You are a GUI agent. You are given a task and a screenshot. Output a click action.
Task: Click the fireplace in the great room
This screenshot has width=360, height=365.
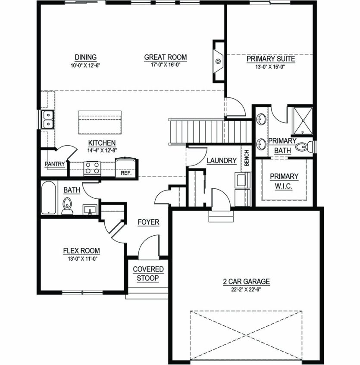[x=219, y=61]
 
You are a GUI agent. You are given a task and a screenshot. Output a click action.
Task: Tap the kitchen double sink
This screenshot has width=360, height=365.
[x=47, y=120]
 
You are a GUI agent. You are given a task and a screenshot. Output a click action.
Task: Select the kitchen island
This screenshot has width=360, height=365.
[x=100, y=122]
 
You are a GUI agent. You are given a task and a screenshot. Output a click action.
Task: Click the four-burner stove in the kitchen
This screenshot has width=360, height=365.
[x=92, y=168]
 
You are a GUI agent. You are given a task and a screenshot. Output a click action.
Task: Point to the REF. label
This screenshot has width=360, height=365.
[x=126, y=173]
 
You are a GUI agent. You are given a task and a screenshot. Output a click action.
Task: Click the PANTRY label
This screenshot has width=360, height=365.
[x=55, y=164]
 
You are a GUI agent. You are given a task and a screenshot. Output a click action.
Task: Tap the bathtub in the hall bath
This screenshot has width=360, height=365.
[x=49, y=198]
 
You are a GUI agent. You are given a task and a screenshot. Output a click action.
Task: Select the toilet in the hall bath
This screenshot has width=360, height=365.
[x=67, y=206]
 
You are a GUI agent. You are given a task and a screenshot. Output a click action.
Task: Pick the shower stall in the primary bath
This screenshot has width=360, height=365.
[x=303, y=121]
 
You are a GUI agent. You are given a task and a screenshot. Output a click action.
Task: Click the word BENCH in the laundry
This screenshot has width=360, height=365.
[x=247, y=158]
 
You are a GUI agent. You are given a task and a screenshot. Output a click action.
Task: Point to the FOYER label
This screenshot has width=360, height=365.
[x=148, y=222]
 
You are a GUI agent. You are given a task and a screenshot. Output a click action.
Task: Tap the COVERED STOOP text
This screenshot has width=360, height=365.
[x=148, y=274]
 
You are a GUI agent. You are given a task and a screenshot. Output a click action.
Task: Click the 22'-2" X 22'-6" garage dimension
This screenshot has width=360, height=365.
[x=246, y=290]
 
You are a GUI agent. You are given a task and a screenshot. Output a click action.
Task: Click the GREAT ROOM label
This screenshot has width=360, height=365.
[x=166, y=57]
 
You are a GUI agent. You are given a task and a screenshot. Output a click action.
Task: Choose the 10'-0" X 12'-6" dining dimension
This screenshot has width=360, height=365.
[x=85, y=66]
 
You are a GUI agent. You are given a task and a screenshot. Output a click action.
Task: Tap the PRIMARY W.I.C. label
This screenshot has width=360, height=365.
[x=284, y=181]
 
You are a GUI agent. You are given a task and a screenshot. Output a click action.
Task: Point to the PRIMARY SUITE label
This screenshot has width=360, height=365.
[x=271, y=59]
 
